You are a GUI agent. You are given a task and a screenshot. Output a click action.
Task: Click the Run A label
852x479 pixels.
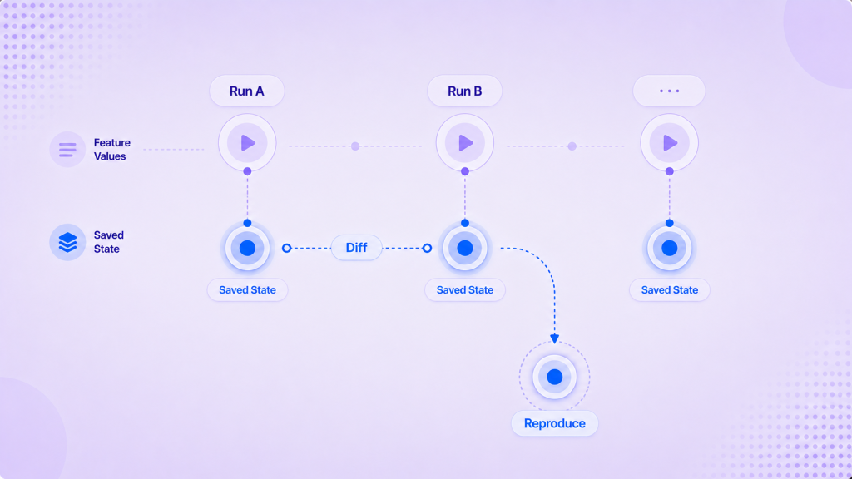point(246,91)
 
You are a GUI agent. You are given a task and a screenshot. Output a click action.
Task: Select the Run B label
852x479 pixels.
point(464,91)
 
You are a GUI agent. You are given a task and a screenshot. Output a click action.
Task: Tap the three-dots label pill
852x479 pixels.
point(669,91)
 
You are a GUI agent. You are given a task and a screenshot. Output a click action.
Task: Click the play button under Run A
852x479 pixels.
point(247,143)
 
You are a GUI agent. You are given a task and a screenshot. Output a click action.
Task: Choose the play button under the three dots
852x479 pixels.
point(670,143)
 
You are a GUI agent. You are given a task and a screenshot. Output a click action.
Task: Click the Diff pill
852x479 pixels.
point(356,248)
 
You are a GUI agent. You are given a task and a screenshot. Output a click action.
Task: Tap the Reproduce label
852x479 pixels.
point(554,423)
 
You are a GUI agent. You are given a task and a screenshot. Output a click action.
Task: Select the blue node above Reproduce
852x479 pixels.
point(554,377)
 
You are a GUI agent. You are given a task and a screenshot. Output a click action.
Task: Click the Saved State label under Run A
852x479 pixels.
point(247,290)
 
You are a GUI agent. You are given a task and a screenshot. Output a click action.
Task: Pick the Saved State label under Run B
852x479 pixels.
point(464,290)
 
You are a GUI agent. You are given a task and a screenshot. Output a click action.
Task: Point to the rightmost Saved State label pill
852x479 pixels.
point(670,290)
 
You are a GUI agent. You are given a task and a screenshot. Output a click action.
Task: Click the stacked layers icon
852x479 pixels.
point(67,242)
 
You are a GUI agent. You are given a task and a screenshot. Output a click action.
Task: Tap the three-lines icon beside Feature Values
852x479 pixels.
point(67,150)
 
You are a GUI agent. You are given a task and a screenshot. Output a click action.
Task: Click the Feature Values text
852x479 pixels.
point(112,150)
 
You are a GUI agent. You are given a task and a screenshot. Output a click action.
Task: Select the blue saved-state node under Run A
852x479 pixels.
point(247,248)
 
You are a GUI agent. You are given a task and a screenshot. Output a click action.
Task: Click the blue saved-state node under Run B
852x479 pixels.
point(464,248)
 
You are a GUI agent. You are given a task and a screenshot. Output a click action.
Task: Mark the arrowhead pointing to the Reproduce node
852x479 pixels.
point(554,339)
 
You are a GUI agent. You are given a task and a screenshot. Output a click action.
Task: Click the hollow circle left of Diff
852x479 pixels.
point(286,248)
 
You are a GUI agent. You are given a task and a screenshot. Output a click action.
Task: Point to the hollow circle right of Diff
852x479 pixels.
point(427,248)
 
